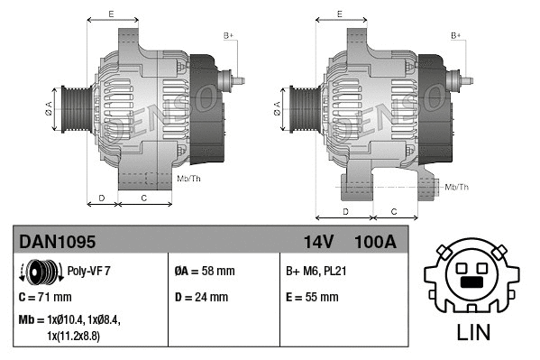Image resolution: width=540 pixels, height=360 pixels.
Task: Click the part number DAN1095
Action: click(x=58, y=241)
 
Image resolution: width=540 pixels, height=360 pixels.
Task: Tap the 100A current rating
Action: click(x=375, y=241)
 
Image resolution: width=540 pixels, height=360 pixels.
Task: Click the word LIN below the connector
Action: click(x=474, y=331)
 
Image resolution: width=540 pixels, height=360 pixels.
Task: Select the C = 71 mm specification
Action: click(x=45, y=296)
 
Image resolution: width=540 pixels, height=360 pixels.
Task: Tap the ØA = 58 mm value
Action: click(x=204, y=271)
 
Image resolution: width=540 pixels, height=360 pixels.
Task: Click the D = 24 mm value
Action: click(x=204, y=297)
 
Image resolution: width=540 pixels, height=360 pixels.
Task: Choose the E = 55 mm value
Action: click(x=312, y=297)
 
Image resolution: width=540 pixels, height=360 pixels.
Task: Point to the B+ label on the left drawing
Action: click(x=229, y=36)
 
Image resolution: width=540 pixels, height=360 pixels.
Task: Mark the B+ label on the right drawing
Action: click(x=456, y=36)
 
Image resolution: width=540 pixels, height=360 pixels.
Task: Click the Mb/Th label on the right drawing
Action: click(x=457, y=187)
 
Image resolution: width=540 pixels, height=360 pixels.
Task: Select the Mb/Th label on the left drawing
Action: click(x=189, y=179)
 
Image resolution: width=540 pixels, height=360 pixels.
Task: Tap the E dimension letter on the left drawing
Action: click(x=110, y=14)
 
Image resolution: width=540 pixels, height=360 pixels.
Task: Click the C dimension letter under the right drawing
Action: click(x=393, y=210)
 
